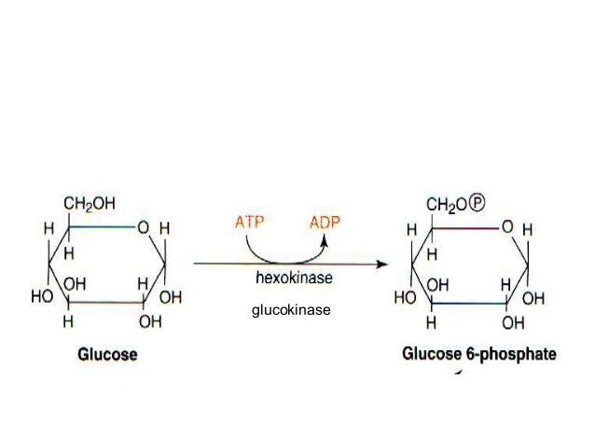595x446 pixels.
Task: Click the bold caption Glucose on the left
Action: pyautogui.click(x=104, y=354)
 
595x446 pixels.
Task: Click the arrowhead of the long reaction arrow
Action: pyautogui.click(x=381, y=264)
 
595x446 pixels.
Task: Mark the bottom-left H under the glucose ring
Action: pyautogui.click(x=66, y=322)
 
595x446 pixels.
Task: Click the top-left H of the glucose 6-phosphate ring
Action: pyautogui.click(x=410, y=229)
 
